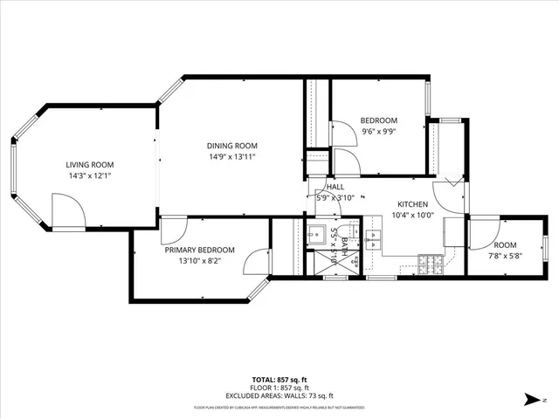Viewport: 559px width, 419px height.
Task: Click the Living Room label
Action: tap(90, 164)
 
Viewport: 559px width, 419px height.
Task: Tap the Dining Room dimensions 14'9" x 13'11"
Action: tap(231, 157)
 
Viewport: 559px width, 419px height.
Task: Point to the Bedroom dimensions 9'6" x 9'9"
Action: tap(379, 132)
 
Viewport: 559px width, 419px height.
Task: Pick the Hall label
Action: tap(335, 187)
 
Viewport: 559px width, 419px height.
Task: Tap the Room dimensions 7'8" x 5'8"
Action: tap(505, 257)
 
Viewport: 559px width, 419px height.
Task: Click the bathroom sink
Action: tap(315, 235)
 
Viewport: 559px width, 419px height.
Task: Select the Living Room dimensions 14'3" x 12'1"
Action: tap(90, 175)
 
